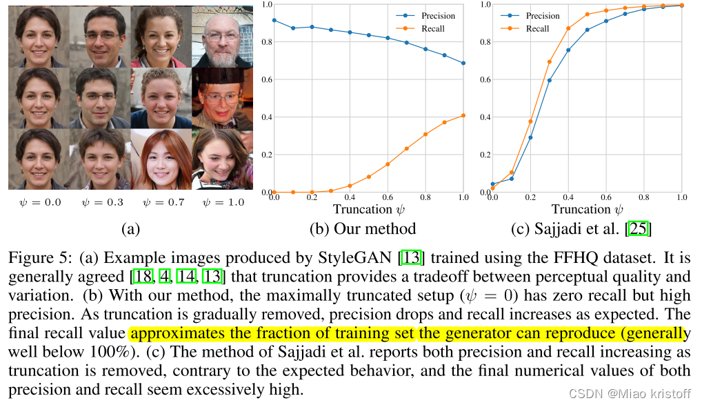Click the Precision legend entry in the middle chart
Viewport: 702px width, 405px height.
pyautogui.click(x=439, y=16)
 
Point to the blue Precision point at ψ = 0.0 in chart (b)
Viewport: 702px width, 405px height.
pyautogui.click(x=274, y=20)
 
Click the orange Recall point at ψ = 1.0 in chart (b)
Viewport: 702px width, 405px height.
pyautogui.click(x=463, y=115)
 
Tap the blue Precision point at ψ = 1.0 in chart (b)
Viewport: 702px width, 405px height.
pyautogui.click(x=463, y=63)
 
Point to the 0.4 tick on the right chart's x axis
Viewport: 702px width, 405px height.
pyautogui.click(x=568, y=197)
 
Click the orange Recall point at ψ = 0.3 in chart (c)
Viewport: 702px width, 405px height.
pyautogui.click(x=549, y=62)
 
